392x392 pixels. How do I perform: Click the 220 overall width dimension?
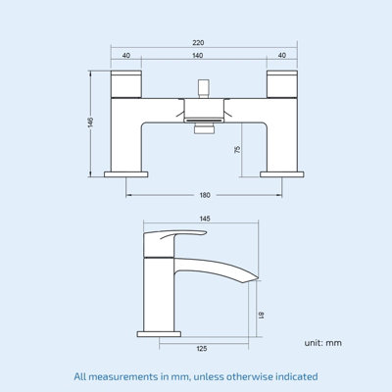pos(198,42)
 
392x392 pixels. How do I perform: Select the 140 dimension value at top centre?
pos(198,56)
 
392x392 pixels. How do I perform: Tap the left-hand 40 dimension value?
pos(127,56)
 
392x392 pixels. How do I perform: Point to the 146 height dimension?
pos(91,122)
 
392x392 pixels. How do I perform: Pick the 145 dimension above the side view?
pos(203,220)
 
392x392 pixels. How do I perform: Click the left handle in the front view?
pos(127,84)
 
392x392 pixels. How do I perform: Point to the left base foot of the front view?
pos(127,174)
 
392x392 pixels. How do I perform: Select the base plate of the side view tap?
pos(160,333)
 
